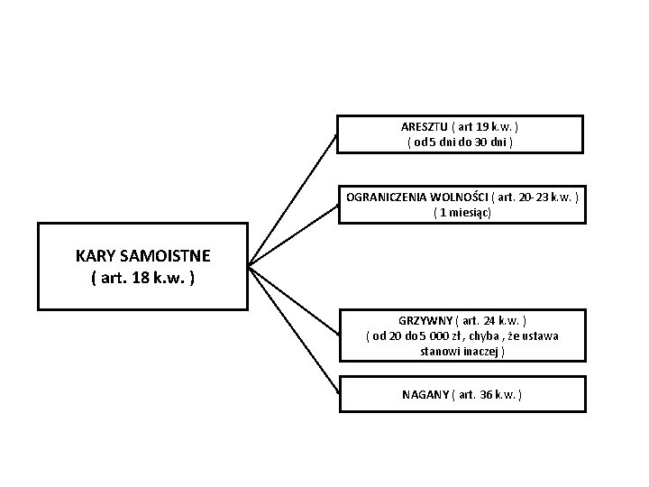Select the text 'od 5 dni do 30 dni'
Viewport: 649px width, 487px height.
tap(461, 142)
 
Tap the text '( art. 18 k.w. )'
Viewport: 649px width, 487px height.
tap(142, 277)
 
